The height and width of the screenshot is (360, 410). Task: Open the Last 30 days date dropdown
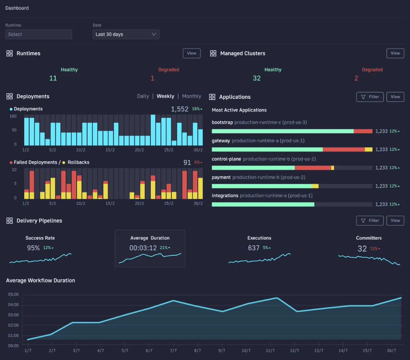(126, 34)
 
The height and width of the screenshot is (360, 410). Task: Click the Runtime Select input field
(39, 34)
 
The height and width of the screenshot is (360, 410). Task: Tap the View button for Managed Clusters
(395, 53)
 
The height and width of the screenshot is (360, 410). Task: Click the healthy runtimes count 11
(53, 78)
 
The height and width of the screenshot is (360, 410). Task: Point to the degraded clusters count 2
(356, 78)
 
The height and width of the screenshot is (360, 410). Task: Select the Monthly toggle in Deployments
(192, 96)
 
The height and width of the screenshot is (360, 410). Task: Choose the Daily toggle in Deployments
(143, 96)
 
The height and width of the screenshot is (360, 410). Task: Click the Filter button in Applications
(370, 97)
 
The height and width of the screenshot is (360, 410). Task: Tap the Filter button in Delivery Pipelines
(370, 221)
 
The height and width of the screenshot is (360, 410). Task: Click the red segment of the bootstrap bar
(363, 131)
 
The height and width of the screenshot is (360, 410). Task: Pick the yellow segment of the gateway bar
(369, 150)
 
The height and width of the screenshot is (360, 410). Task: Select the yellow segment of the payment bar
(315, 186)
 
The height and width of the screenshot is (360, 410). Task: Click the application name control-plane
(226, 159)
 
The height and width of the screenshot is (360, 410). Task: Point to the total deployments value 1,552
(179, 109)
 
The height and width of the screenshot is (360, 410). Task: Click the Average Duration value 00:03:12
(143, 248)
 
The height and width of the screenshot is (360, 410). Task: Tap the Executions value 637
(254, 248)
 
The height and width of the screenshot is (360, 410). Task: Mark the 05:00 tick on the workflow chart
(13, 294)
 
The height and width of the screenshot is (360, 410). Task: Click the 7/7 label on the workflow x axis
(173, 350)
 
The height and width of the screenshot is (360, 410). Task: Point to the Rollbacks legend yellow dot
(64, 163)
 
